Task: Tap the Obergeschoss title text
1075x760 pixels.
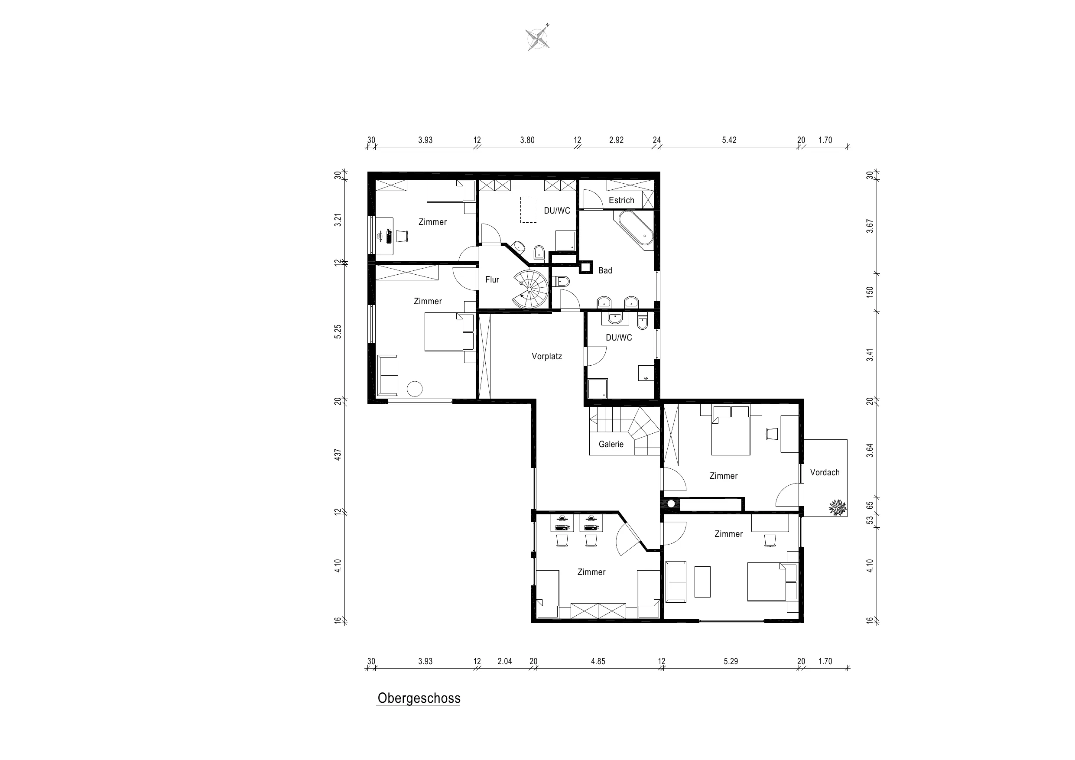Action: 419,698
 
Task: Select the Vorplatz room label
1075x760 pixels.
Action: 547,356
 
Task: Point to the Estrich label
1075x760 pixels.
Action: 621,201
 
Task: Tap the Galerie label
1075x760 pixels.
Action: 611,445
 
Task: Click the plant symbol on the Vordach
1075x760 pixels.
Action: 838,507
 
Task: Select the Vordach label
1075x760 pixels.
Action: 825,472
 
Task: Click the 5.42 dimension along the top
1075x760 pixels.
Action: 729,140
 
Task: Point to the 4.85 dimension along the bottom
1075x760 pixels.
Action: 598,662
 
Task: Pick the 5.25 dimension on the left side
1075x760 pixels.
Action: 338,331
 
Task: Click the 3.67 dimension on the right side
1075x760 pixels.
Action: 870,226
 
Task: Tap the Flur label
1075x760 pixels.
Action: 492,279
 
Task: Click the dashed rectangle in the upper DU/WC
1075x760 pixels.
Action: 529,209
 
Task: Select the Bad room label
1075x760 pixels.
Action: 605,271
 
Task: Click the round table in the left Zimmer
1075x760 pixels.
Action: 415,389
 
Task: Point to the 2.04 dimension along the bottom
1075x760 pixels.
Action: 504,662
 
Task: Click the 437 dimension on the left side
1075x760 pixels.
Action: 338,455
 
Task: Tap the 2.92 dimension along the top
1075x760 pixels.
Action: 616,140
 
